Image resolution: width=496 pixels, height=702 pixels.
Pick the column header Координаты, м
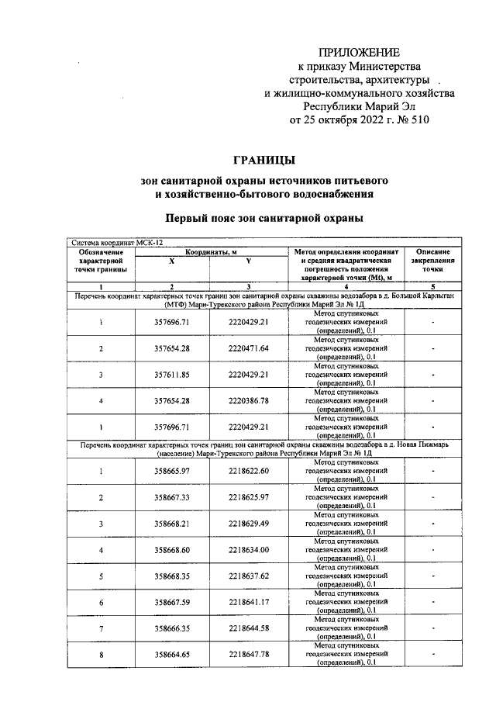pos(210,253)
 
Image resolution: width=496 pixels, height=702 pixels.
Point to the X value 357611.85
pos(172,375)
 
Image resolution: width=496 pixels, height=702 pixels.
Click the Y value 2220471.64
pos(248,348)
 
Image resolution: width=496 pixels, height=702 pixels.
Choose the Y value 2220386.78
pos(248,401)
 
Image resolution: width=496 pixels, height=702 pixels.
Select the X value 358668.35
pos(172,576)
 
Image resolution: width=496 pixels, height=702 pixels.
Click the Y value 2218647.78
pos(248,655)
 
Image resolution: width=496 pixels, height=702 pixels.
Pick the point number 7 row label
pos(101,629)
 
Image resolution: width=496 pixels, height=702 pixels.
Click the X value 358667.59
pos(172,603)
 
